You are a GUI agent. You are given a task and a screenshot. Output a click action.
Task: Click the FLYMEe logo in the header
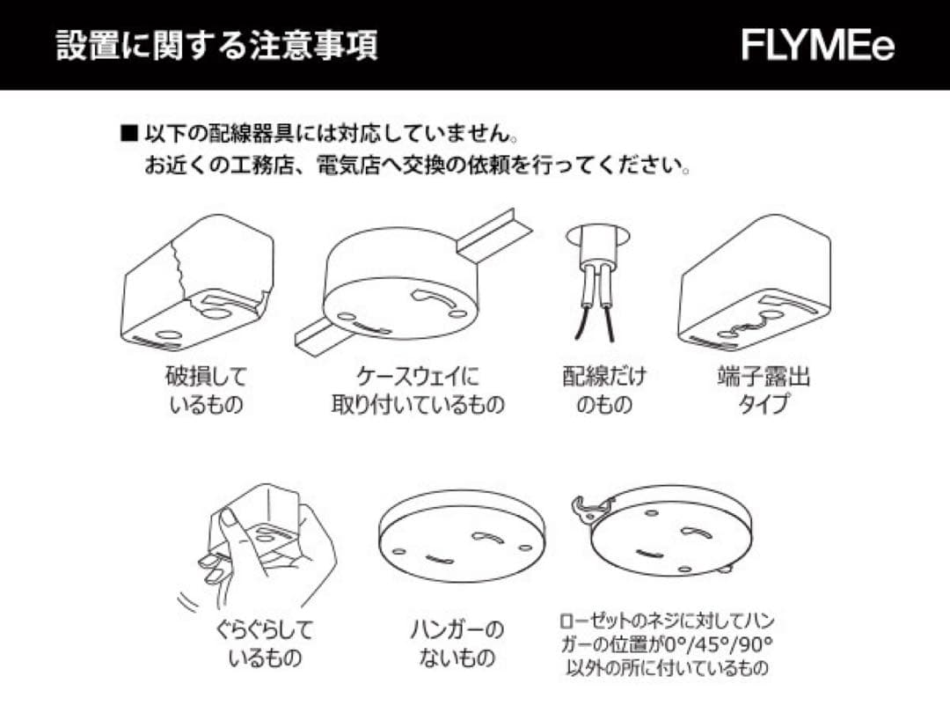click(817, 45)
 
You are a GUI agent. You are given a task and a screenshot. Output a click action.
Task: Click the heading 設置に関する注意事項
click(217, 45)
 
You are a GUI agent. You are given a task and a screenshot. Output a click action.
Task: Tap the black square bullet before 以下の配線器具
click(129, 135)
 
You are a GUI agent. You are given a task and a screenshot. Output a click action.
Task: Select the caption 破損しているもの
click(206, 391)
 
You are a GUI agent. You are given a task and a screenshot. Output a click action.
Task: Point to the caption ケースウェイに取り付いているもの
click(418, 391)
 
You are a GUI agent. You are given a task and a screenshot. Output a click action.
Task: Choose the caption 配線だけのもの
click(603, 391)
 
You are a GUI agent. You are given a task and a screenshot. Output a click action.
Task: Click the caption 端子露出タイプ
click(763, 391)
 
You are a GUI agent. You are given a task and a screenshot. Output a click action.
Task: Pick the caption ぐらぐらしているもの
click(264, 643)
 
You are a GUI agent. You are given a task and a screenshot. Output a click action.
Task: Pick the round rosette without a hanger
click(461, 537)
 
